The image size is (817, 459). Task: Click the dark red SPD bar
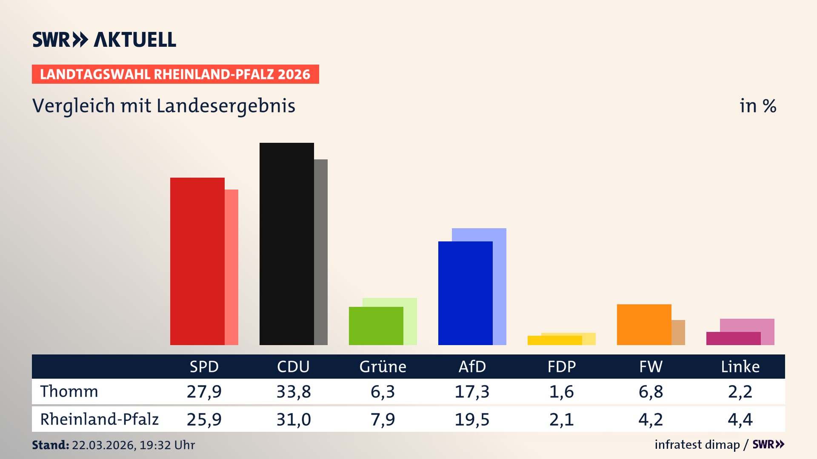pyautogui.click(x=197, y=261)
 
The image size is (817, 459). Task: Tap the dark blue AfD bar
pyautogui.click(x=465, y=293)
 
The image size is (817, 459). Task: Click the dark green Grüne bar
pyautogui.click(x=376, y=326)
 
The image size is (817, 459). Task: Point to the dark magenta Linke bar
pyautogui.click(x=733, y=338)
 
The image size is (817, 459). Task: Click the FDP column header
pyautogui.click(x=561, y=367)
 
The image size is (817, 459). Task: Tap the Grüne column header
pyautogui.click(x=383, y=367)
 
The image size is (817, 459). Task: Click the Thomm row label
pyautogui.click(x=69, y=391)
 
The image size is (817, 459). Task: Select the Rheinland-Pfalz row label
pyautogui.click(x=99, y=419)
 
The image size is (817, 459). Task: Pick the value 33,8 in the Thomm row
pyautogui.click(x=294, y=391)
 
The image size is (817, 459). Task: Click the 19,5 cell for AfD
pyautogui.click(x=472, y=419)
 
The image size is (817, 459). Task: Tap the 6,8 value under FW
pyautogui.click(x=651, y=391)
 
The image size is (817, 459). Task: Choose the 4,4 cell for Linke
pyautogui.click(x=740, y=419)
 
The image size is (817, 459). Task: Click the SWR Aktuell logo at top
pyautogui.click(x=104, y=40)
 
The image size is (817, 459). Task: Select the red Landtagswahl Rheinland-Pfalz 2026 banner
pyautogui.click(x=175, y=74)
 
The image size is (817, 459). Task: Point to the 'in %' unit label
pyautogui.click(x=757, y=106)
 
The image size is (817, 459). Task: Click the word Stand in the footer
pyautogui.click(x=50, y=445)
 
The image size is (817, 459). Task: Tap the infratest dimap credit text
pyautogui.click(x=697, y=445)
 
